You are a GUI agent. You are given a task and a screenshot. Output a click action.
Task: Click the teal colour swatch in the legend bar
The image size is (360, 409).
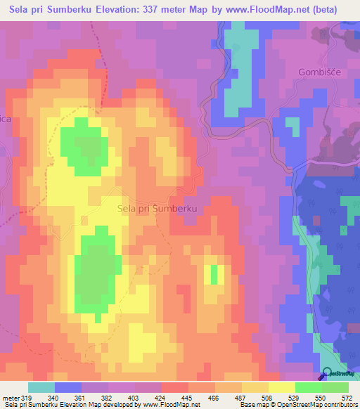point(41,387)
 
